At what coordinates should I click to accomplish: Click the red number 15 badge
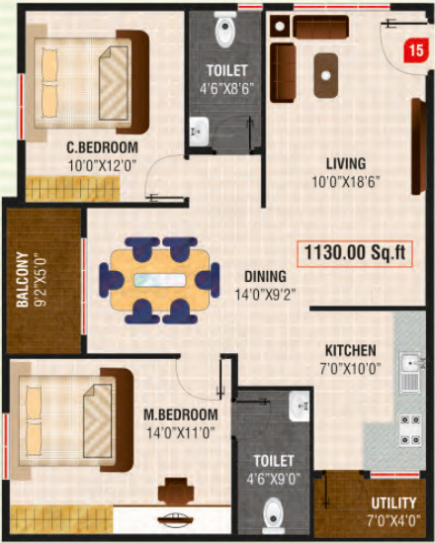point(415,46)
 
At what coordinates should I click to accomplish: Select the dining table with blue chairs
point(157,280)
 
